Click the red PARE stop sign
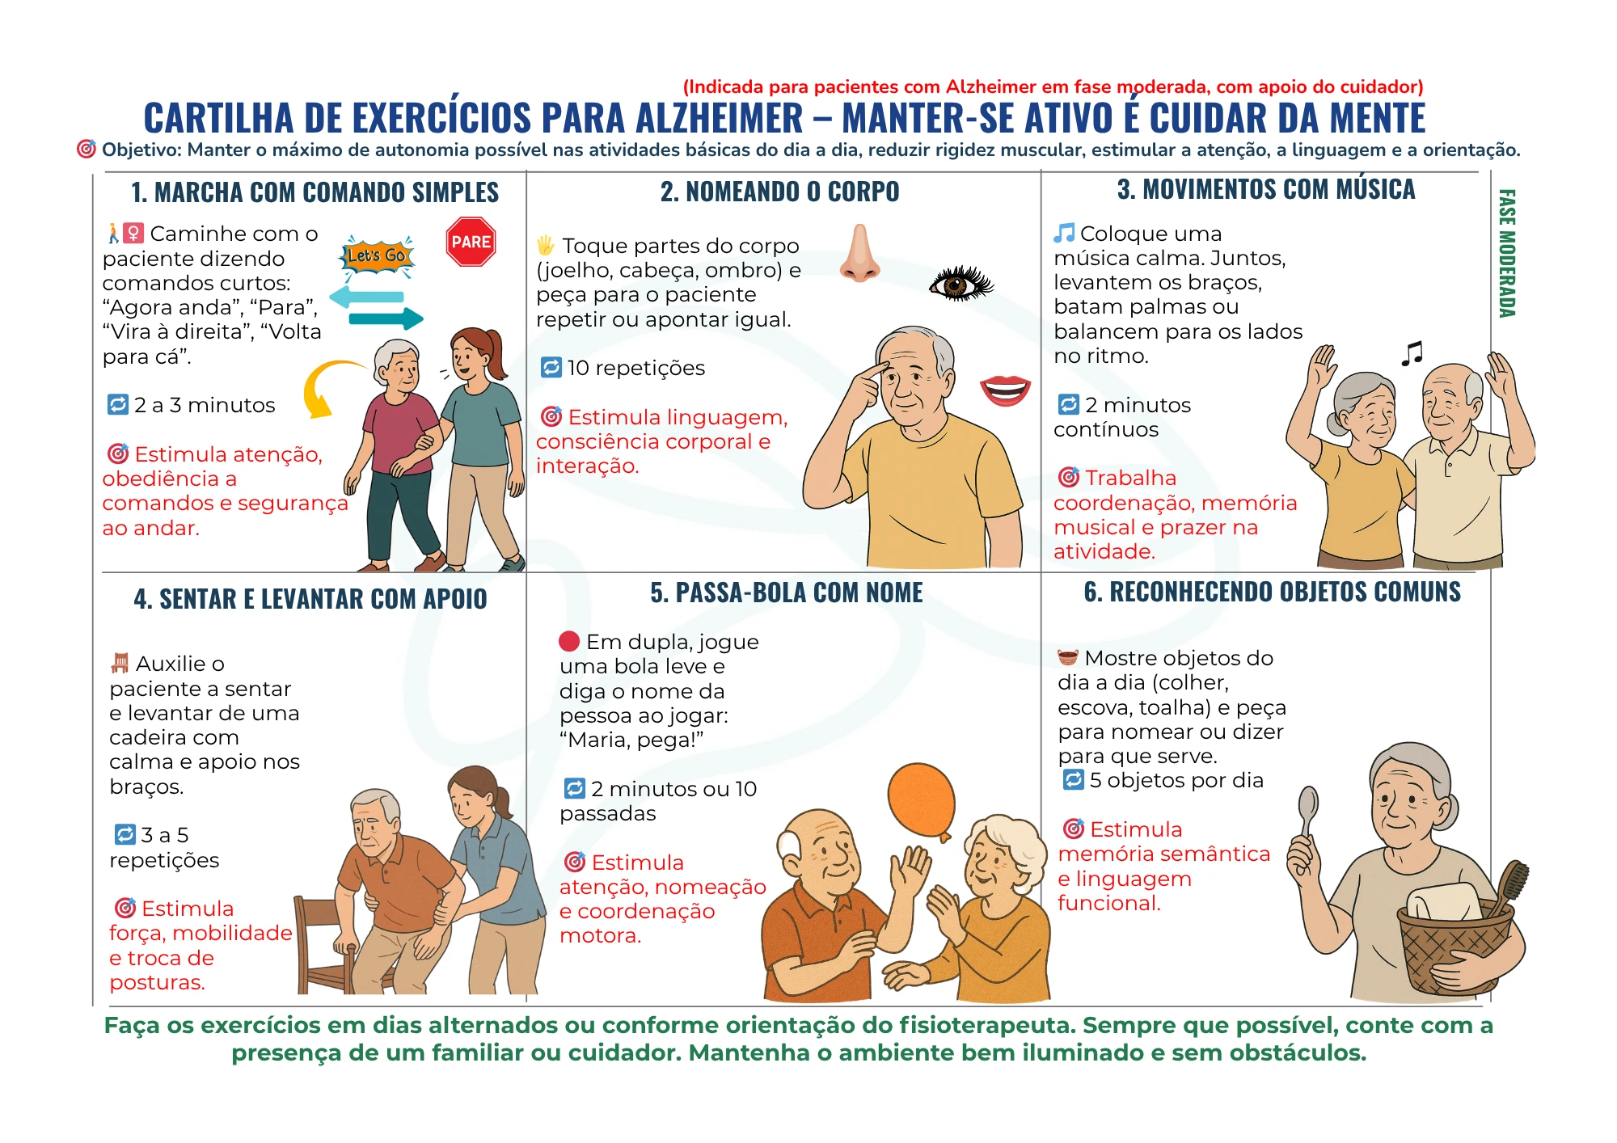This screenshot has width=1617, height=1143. [471, 242]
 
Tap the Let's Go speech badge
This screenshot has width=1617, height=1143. [377, 255]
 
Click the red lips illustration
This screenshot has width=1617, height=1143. [1005, 390]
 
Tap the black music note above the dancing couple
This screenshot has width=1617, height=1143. [1412, 353]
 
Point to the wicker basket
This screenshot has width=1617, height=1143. [1455, 950]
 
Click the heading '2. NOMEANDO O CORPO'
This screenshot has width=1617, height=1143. [779, 192]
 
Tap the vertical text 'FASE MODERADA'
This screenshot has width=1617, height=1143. [1507, 253]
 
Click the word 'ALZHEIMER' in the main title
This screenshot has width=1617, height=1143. [719, 119]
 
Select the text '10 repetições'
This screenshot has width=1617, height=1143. [635, 368]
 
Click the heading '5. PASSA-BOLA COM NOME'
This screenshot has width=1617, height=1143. [786, 593]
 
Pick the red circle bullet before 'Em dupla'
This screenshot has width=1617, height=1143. [569, 642]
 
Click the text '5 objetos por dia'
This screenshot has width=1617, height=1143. [1176, 780]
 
